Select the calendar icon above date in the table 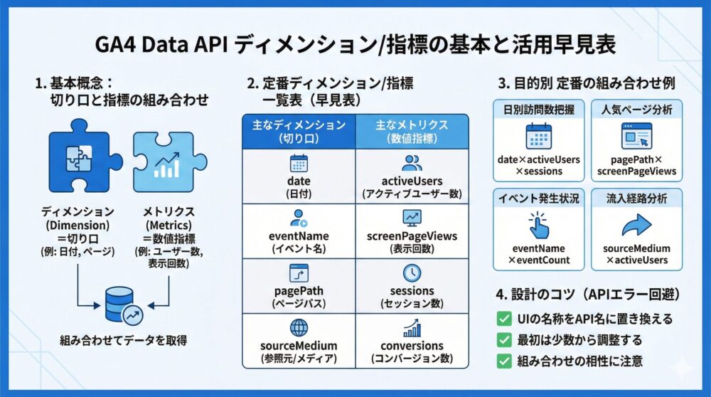[299, 162]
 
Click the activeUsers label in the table [412, 181]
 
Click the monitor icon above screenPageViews [412, 218]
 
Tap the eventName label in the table [299, 236]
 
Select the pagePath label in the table [299, 291]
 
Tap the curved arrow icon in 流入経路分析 [636, 226]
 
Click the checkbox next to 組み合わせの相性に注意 [503, 360]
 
